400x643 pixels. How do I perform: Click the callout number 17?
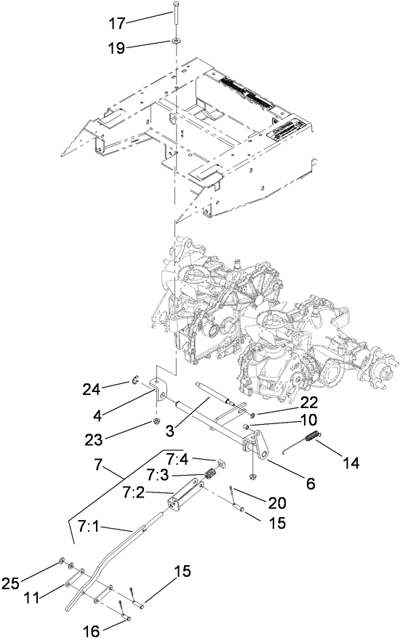pyautogui.click(x=116, y=24)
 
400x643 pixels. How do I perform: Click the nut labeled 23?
pyautogui.click(x=156, y=422)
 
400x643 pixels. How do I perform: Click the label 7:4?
pyautogui.click(x=177, y=458)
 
